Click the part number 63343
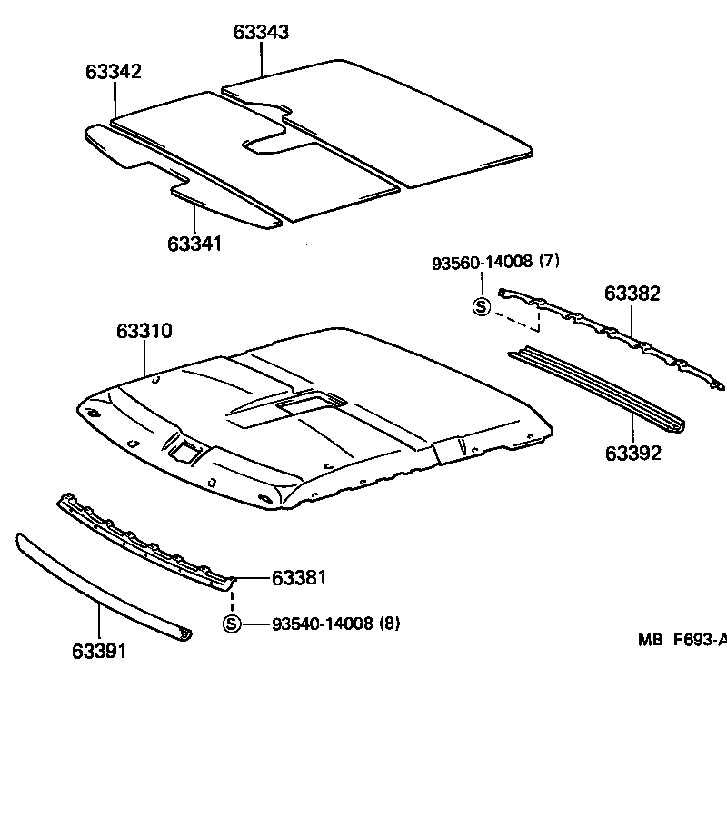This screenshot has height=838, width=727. point(261,32)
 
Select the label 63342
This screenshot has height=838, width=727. point(114,72)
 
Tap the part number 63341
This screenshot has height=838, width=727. point(194,244)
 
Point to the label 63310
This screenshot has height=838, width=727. point(144,332)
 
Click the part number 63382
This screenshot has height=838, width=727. point(632,294)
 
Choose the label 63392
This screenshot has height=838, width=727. point(632,453)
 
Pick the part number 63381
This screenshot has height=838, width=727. point(299,578)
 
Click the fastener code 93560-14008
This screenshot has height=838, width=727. point(482,262)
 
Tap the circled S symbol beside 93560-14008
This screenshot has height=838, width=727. point(481,306)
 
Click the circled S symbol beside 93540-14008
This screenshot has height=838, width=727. point(232,624)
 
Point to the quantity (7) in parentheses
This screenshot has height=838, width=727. point(549,262)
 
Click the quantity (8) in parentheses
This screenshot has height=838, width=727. point(388,624)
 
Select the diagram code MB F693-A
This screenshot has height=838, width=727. point(682,640)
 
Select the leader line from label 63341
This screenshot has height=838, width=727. point(194,218)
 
